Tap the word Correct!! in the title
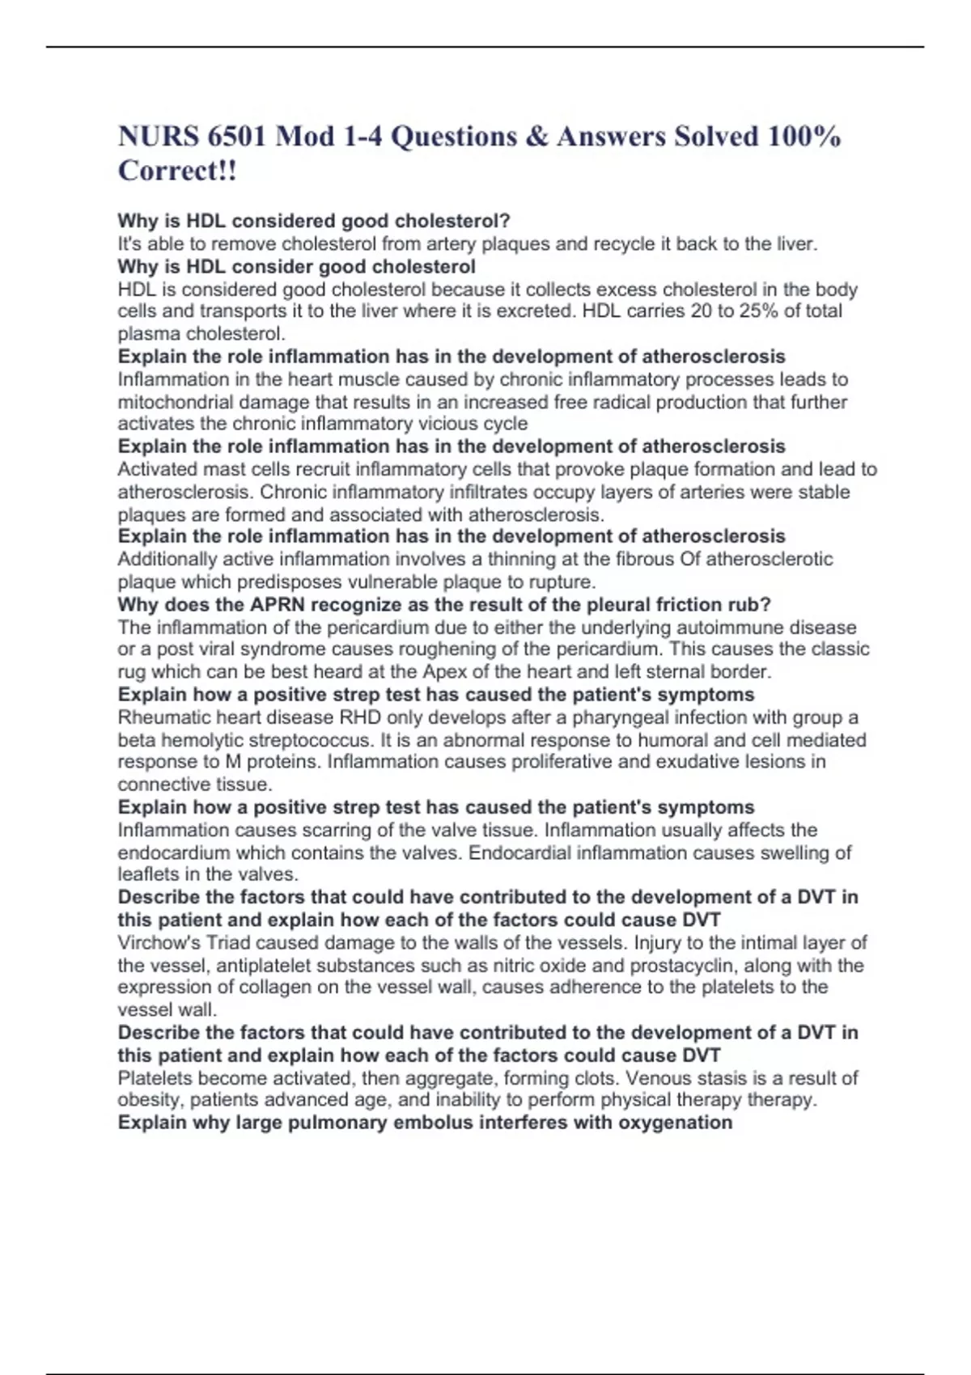[177, 171]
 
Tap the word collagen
[244, 987]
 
